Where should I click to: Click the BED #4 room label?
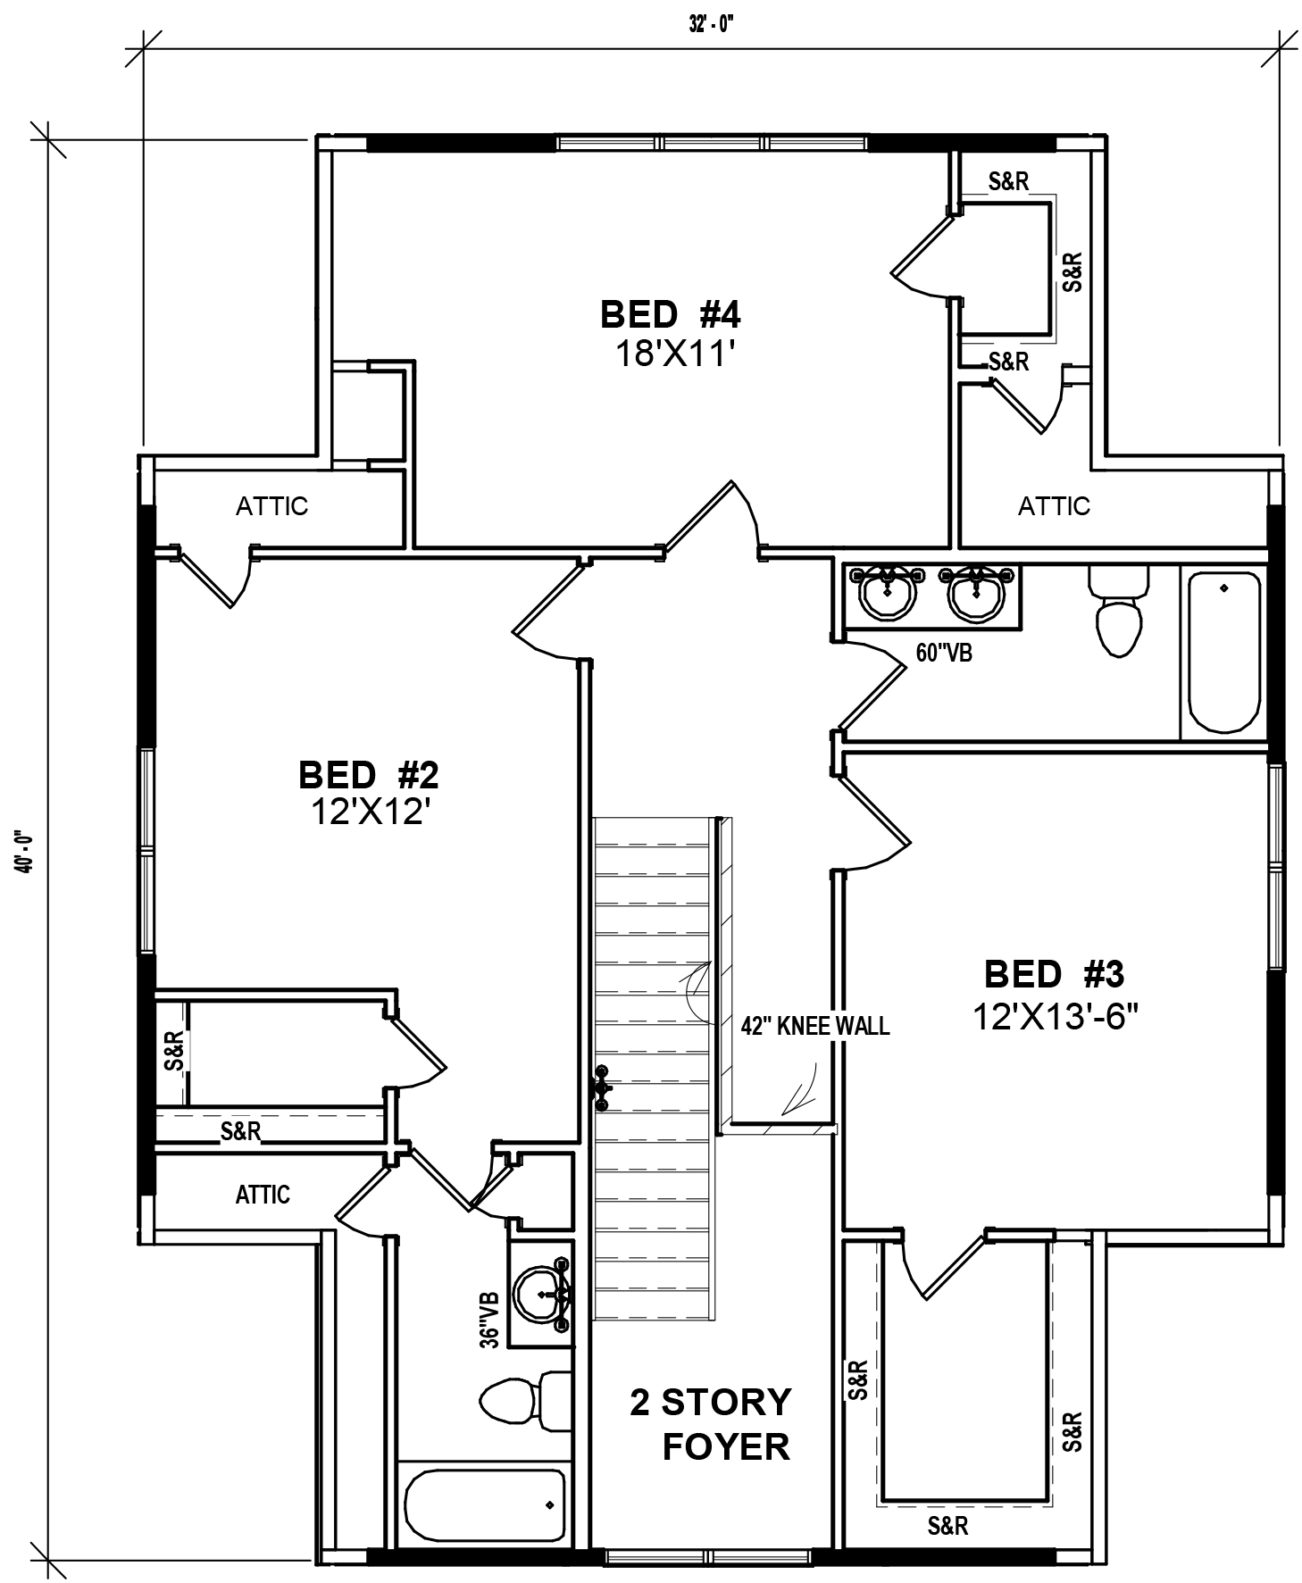tap(670, 314)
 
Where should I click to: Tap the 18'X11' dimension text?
tap(674, 354)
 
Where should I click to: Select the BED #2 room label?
tap(368, 774)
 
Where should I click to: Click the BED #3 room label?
tap(1054, 973)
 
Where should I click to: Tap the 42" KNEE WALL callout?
tap(814, 1026)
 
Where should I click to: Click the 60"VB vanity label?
tap(944, 653)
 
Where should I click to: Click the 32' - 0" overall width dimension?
tap(711, 25)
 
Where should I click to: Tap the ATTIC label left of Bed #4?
tap(271, 506)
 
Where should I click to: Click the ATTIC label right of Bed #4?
tap(1054, 506)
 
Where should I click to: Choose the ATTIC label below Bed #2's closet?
tap(263, 1194)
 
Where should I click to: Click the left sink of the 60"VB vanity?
tap(887, 592)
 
